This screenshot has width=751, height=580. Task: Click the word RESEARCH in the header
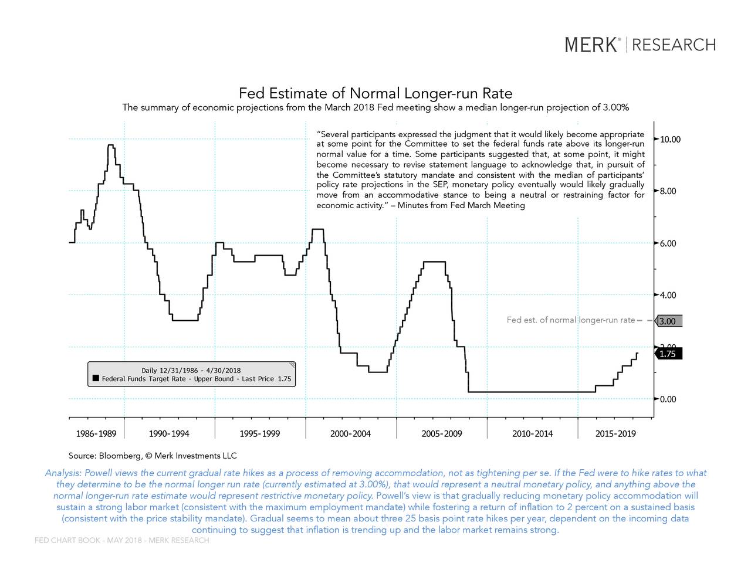[x=674, y=45]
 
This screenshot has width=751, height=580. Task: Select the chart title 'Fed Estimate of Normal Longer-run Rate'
[x=375, y=93]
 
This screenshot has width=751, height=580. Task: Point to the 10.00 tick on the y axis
[x=670, y=140]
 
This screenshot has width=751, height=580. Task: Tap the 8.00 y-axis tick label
[x=668, y=191]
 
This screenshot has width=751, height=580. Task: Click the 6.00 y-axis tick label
[x=668, y=243]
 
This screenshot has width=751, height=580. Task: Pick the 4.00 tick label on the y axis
[x=668, y=295]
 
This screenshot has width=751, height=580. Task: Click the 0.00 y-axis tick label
[x=668, y=399]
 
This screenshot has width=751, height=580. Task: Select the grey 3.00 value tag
[x=668, y=321]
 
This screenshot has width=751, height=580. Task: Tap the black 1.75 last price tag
[x=668, y=354]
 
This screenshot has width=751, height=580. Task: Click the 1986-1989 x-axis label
[x=96, y=434]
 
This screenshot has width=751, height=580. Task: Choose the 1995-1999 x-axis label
[x=260, y=434]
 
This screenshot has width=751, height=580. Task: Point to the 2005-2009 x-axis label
[x=441, y=434]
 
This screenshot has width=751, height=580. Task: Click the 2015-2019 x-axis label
[x=615, y=434]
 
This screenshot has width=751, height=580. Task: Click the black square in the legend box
[x=96, y=378]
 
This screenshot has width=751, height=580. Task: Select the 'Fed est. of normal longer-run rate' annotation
[x=570, y=320]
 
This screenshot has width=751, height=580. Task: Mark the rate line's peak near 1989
[x=110, y=145]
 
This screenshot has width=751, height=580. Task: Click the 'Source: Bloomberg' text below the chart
[x=153, y=456]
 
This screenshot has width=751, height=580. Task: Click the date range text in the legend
[x=191, y=370]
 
